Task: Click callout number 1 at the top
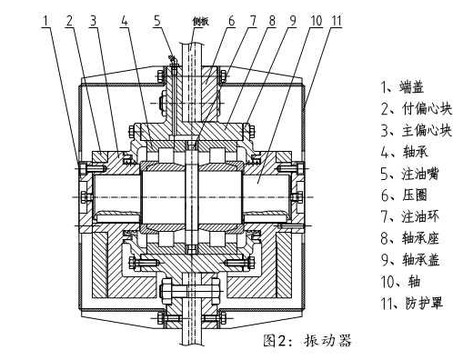45,21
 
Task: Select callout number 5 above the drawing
157,21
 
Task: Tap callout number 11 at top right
337,21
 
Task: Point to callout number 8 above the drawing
272,21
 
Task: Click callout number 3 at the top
94,21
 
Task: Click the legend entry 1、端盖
402,87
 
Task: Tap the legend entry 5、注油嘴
409,175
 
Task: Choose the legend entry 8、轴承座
410,238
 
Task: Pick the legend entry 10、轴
400,282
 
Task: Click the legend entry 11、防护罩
412,303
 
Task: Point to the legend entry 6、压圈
404,195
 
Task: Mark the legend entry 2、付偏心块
417,109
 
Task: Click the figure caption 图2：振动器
307,340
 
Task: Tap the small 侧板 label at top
201,22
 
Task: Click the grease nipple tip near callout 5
172,57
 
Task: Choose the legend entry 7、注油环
410,216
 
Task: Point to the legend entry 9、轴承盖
410,260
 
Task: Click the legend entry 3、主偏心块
417,131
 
